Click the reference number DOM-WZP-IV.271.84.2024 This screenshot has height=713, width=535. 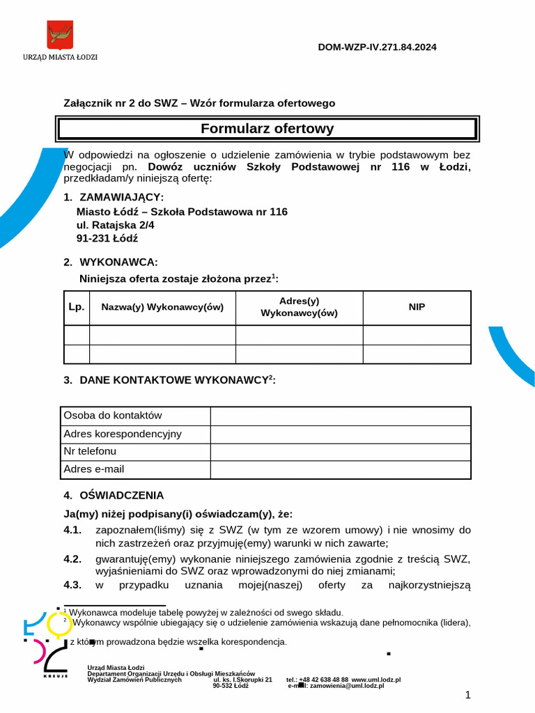click(x=378, y=47)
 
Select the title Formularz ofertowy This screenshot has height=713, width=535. click(x=267, y=129)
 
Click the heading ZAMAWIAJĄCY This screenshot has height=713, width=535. click(x=122, y=197)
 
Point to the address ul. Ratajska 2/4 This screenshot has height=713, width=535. click(x=116, y=225)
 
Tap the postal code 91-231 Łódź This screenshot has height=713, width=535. click(x=107, y=238)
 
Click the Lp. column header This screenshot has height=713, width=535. click(x=77, y=307)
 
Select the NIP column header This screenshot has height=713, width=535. click(x=417, y=307)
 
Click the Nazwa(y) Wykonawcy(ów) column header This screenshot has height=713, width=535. click(x=162, y=307)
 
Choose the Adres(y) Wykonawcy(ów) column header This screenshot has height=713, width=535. click(x=299, y=307)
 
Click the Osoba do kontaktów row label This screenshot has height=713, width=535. click(x=113, y=416)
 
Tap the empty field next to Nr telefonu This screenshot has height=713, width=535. click(x=340, y=452)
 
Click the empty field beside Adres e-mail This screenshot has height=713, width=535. click(x=340, y=470)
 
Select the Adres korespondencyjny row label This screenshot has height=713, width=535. click(x=123, y=434)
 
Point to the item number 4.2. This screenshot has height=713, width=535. click(x=72, y=558)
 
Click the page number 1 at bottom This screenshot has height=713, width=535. click(x=468, y=695)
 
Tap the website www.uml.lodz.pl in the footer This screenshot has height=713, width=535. click(x=376, y=679)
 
